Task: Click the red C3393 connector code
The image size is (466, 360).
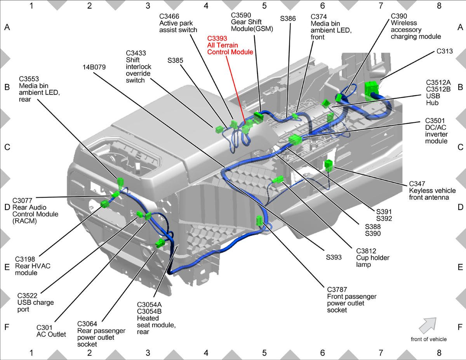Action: (217, 38)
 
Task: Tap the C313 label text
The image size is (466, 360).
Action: (445, 51)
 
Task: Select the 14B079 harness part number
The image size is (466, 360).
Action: (94, 67)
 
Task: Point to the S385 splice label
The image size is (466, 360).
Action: (175, 61)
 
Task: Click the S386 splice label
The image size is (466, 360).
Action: (288, 19)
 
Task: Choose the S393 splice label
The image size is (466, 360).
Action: (334, 257)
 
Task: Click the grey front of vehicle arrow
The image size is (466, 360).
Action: (428, 325)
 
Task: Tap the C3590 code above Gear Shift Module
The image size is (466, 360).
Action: (241, 15)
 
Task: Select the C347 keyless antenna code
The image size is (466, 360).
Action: (417, 184)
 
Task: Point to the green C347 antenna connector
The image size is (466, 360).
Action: (328, 165)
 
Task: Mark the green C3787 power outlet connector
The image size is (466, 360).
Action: (259, 221)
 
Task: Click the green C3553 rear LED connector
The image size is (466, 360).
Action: (120, 183)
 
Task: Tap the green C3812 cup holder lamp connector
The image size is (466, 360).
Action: (278, 179)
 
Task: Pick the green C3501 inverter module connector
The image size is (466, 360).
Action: (295, 139)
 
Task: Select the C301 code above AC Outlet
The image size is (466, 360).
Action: (44, 327)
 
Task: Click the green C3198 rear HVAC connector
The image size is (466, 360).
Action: (105, 204)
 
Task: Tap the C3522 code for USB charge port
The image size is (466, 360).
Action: (27, 296)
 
